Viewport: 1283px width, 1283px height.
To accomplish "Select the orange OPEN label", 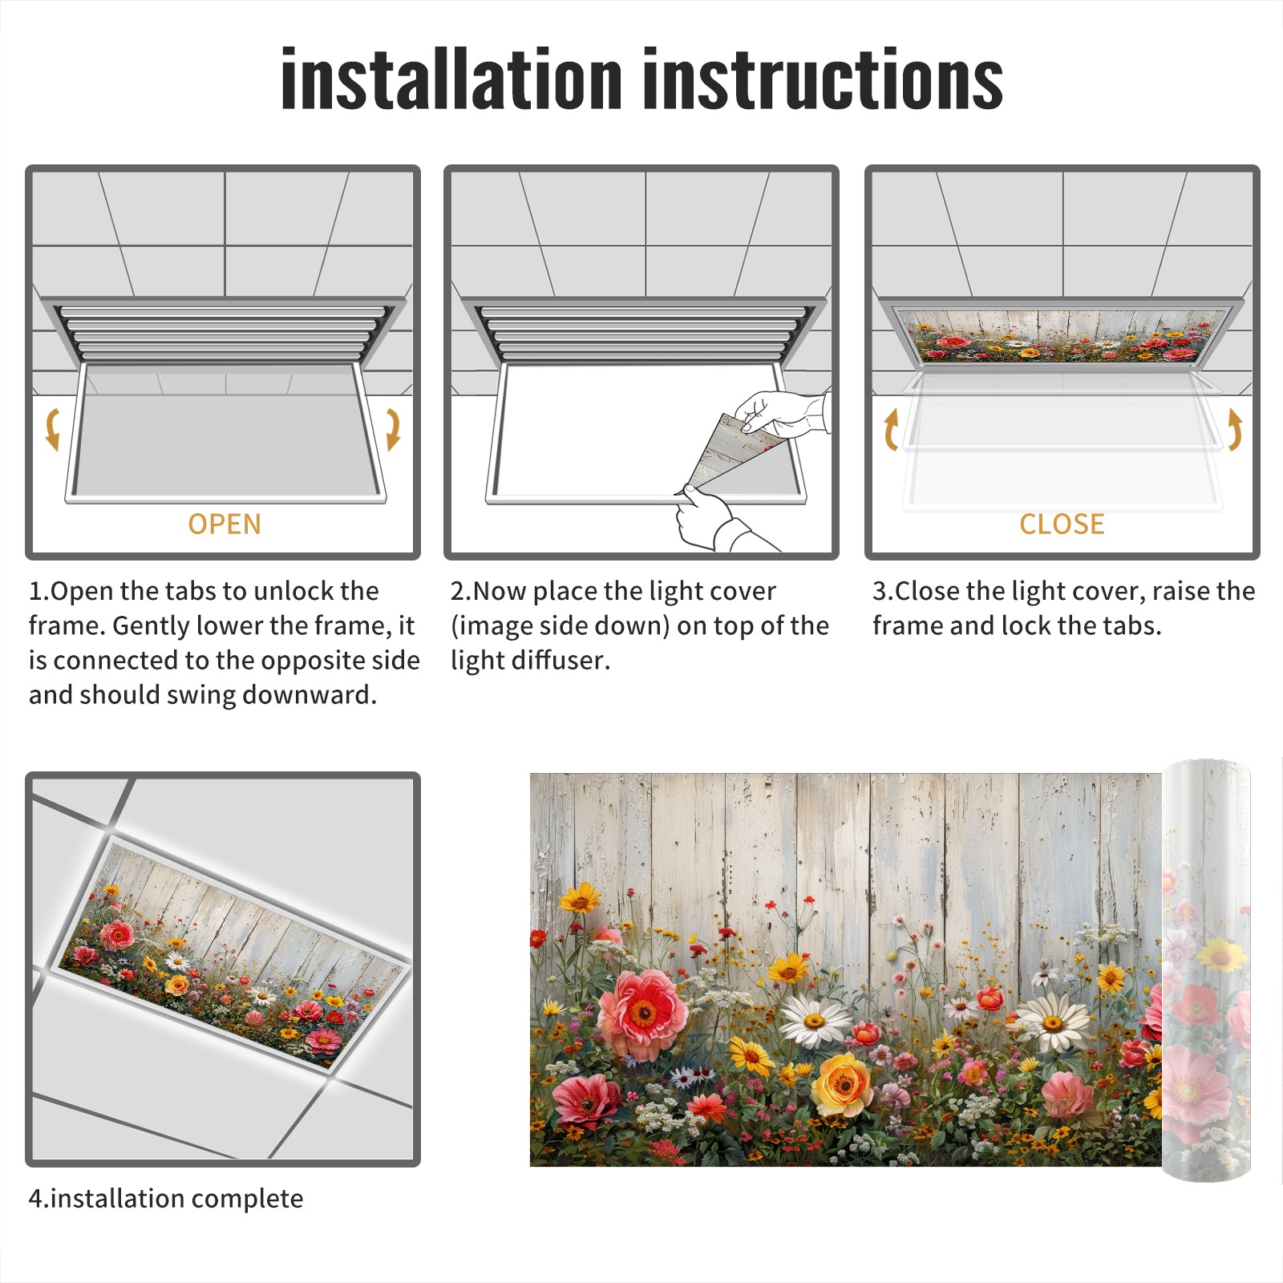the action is (x=225, y=524).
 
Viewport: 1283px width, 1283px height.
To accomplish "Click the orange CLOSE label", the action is (x=1062, y=524).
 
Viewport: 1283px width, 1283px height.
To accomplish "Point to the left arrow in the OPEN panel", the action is (x=52, y=429).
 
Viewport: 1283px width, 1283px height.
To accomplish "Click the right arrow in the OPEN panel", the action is (x=393, y=429).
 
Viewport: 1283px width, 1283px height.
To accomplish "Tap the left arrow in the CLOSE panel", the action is (x=891, y=429).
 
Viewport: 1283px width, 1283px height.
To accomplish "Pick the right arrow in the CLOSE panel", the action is (x=1235, y=429).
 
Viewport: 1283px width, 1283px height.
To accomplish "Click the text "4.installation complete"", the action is (x=166, y=1198).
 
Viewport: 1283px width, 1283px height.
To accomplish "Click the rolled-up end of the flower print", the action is (x=1206, y=970).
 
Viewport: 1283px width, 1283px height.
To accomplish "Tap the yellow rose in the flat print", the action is (x=841, y=1085).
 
